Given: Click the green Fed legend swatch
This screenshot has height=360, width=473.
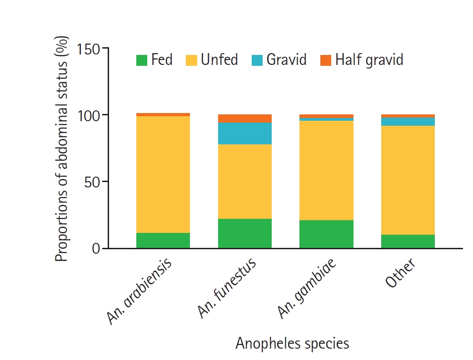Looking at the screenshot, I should (x=142, y=60).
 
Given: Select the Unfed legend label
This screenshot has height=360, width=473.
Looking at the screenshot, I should (x=219, y=60).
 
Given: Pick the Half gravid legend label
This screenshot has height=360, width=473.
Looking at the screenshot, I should (x=369, y=60).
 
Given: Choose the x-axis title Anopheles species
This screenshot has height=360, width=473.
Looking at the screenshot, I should (x=292, y=343).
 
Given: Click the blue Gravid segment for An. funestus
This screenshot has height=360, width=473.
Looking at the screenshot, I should (x=245, y=133).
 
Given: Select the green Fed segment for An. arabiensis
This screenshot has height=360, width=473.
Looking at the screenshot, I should (x=163, y=241).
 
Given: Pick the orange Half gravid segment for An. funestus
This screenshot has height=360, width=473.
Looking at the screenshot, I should (x=245, y=118).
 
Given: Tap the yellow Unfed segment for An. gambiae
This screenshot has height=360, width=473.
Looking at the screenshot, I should (x=326, y=170).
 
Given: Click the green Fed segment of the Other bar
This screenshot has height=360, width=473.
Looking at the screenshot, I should (x=408, y=242).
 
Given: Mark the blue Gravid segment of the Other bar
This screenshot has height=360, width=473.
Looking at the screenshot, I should (x=408, y=122).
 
